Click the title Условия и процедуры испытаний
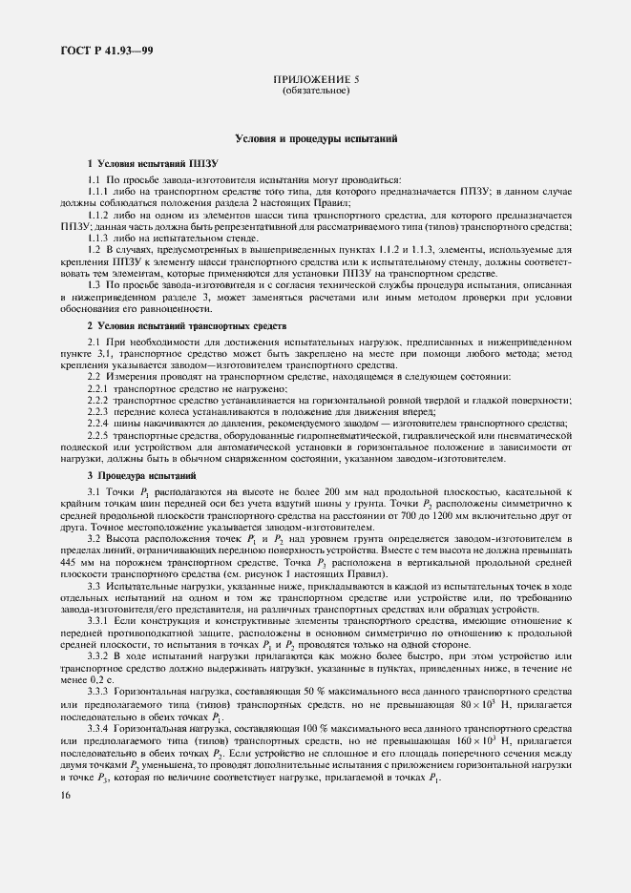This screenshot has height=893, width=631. [x=315, y=139]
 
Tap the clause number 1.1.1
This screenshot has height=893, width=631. [x=99, y=191]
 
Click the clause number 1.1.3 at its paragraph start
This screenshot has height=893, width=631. [x=99, y=237]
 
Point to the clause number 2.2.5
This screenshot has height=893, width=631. [x=99, y=435]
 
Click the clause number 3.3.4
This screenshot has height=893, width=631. [x=99, y=728]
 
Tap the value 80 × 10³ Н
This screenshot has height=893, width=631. [x=513, y=704]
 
